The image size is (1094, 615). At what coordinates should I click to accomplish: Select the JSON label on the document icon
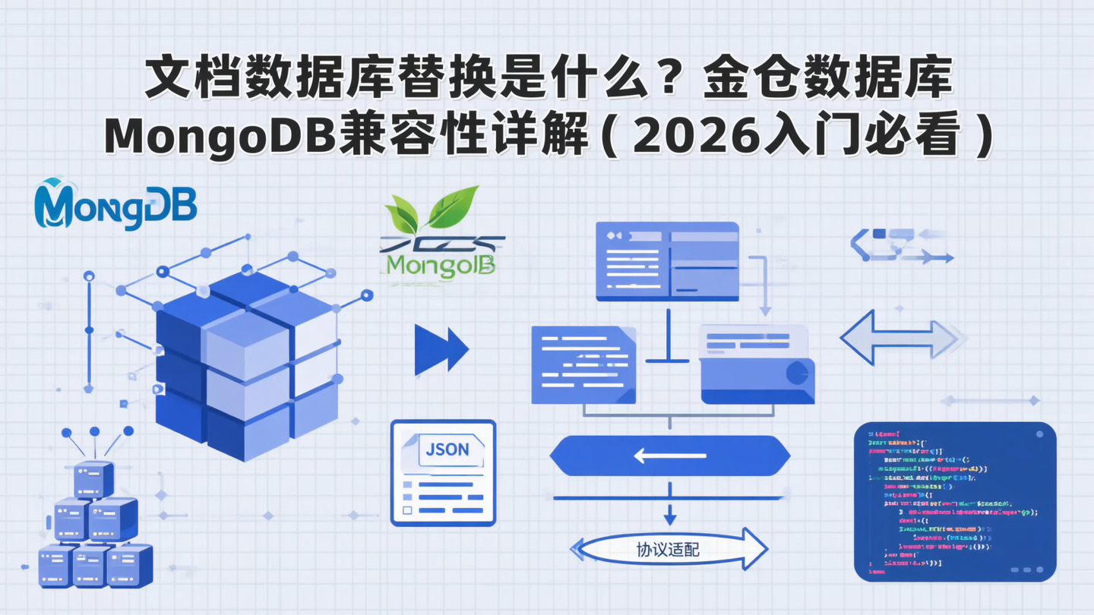point(447,449)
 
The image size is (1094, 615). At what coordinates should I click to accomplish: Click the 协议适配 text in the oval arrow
point(668,548)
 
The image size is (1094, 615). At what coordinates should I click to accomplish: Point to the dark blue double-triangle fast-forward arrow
point(441,350)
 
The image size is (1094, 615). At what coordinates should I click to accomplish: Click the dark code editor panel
point(955,501)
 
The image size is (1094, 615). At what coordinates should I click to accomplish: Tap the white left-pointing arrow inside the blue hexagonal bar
point(669,456)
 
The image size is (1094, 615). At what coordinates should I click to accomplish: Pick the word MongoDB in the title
point(220,135)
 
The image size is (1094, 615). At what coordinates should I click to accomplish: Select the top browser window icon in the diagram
point(667,260)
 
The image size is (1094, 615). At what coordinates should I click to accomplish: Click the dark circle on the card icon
point(797,373)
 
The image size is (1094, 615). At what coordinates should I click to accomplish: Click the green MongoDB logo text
point(441,265)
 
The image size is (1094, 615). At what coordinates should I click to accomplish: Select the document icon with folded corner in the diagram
point(583,364)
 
